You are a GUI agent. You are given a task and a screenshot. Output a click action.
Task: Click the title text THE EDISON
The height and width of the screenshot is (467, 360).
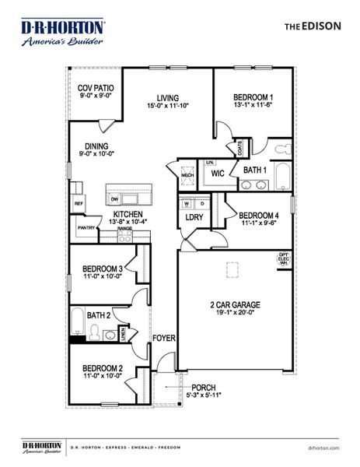coord(312,26)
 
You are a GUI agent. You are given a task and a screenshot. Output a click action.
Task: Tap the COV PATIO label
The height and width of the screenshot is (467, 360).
coord(96,89)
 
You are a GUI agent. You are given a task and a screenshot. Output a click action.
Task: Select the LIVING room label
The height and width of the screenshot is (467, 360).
coord(169,98)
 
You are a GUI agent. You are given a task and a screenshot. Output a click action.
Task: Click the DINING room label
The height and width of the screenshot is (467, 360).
coord(96,146)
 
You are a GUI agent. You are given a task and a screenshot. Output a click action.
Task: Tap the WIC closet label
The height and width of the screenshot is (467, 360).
coord(218,175)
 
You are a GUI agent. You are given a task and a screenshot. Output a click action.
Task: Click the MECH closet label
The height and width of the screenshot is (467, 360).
coord(187,176)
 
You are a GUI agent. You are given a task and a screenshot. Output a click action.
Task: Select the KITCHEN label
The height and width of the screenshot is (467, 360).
coord(128,214)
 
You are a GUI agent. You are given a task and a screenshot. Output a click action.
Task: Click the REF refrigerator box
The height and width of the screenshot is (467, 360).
coord(79,204)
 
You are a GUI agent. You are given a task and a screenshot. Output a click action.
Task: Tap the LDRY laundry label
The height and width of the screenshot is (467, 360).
coord(194,217)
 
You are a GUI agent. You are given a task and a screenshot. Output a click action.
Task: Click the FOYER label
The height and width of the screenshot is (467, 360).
coord(164,339)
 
